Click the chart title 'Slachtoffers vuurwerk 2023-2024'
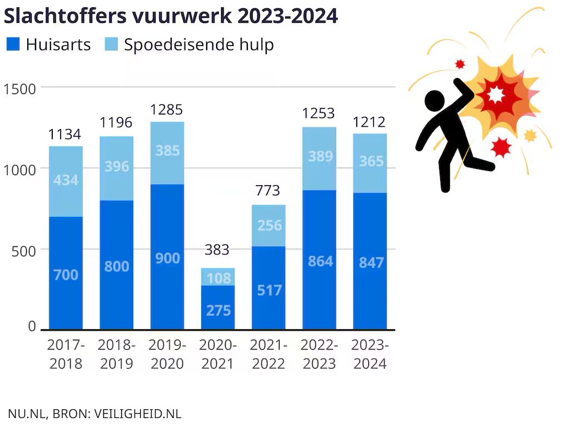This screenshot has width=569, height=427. pos(171,16)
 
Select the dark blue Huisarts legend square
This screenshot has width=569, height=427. pos(13,44)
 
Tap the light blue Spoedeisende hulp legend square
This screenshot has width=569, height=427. pos(112,44)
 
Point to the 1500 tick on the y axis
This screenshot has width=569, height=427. pos(19,88)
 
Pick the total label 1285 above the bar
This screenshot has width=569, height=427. pos(167,110)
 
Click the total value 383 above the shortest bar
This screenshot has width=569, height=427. pos(217,250)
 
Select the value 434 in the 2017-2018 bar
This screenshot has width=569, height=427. pos(66,181)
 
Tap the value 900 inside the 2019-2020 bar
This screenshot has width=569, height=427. pos(167,257)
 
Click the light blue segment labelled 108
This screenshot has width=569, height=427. pos(218,277)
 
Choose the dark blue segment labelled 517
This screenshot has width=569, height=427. pos(268,290)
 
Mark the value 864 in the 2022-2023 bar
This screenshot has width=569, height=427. pos(320,261)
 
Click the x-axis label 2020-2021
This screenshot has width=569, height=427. pos(218,354)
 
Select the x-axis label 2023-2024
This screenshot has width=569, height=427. pos(370,354)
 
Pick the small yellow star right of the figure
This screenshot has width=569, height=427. pos(530,135)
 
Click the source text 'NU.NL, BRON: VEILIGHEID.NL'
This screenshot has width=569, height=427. pos(94,414)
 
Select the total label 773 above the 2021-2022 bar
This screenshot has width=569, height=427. pos(268,191)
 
